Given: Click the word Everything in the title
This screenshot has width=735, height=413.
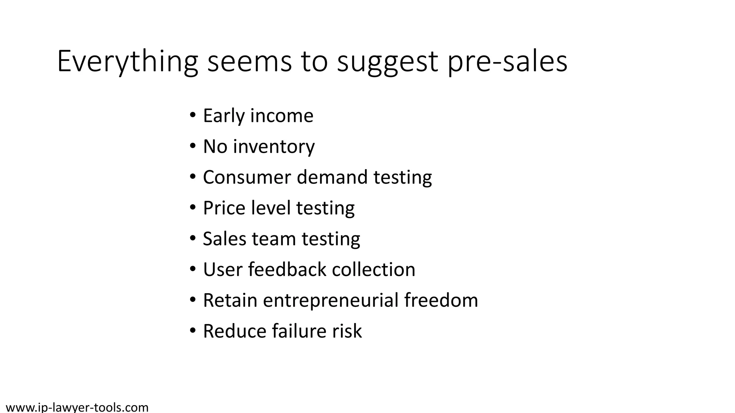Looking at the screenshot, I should click(x=127, y=62).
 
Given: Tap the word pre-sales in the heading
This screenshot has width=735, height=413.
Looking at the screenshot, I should click(x=507, y=62).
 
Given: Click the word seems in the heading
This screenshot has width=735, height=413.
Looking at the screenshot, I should click(x=250, y=62).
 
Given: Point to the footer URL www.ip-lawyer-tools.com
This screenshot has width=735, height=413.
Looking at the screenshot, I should click(x=77, y=407).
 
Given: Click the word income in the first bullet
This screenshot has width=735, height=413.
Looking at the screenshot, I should click(x=281, y=116).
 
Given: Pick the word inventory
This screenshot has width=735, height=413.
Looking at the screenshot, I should click(x=274, y=147).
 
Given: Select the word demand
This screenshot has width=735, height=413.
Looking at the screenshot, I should click(x=332, y=177).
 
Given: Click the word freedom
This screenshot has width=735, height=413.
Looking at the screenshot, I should click(x=441, y=300).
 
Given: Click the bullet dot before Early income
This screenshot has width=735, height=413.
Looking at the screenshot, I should click(x=193, y=116).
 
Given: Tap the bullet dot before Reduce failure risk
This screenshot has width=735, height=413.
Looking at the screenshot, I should click(x=193, y=331).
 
